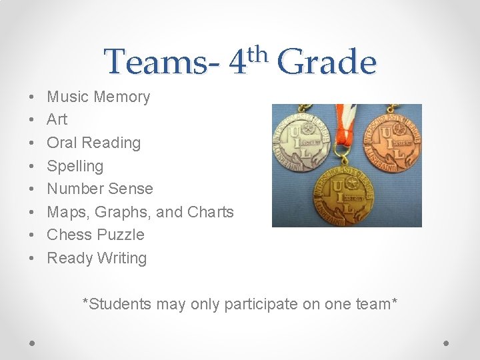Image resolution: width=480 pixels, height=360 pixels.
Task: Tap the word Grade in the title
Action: click(327, 63)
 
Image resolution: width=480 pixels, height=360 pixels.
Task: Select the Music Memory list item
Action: click(99, 97)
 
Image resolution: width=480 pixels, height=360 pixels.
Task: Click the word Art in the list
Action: click(57, 119)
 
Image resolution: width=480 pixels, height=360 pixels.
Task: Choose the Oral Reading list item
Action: click(94, 143)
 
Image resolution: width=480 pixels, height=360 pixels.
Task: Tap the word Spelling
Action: click(75, 166)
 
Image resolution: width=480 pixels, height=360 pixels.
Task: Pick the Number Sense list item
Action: click(100, 189)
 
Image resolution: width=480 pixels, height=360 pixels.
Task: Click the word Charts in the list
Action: click(211, 212)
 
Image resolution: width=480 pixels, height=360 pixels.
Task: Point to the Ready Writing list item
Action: click(97, 258)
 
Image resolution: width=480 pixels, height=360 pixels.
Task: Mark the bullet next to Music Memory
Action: click(33, 97)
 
